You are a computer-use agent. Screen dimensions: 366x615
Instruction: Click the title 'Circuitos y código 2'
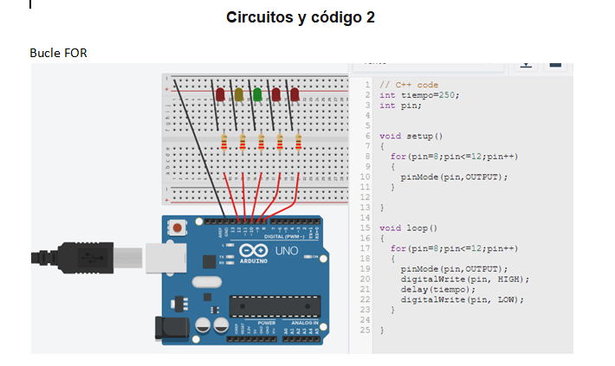tap(300, 17)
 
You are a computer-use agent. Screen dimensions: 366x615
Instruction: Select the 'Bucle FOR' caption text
tap(58, 54)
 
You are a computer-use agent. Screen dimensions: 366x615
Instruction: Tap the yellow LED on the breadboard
tap(239, 93)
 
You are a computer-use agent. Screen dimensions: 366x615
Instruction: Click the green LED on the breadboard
tap(257, 93)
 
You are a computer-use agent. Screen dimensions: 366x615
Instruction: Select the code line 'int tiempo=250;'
tap(418, 95)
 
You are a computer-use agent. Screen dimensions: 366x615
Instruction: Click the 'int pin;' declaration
tap(400, 105)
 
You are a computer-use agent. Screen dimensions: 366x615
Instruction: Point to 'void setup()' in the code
tap(411, 136)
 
